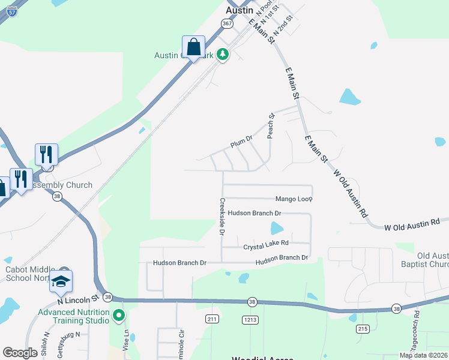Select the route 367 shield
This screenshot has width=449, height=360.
point(226,23)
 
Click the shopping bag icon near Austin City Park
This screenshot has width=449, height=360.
point(194,47)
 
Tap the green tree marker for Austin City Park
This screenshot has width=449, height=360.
point(223,55)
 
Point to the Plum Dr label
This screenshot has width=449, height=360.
point(241,142)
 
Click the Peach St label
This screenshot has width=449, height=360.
point(271,125)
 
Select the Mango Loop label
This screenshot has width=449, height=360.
point(294,199)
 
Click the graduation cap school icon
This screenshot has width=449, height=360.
point(61,281)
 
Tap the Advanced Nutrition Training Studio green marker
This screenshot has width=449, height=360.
point(119,314)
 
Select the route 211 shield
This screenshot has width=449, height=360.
point(211,319)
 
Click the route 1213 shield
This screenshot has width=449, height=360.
point(250,320)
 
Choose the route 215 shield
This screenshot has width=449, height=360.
point(362,328)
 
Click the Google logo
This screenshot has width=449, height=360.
point(20,353)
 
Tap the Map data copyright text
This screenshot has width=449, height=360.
point(423,355)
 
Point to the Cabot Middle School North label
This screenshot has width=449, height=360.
point(29,274)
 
